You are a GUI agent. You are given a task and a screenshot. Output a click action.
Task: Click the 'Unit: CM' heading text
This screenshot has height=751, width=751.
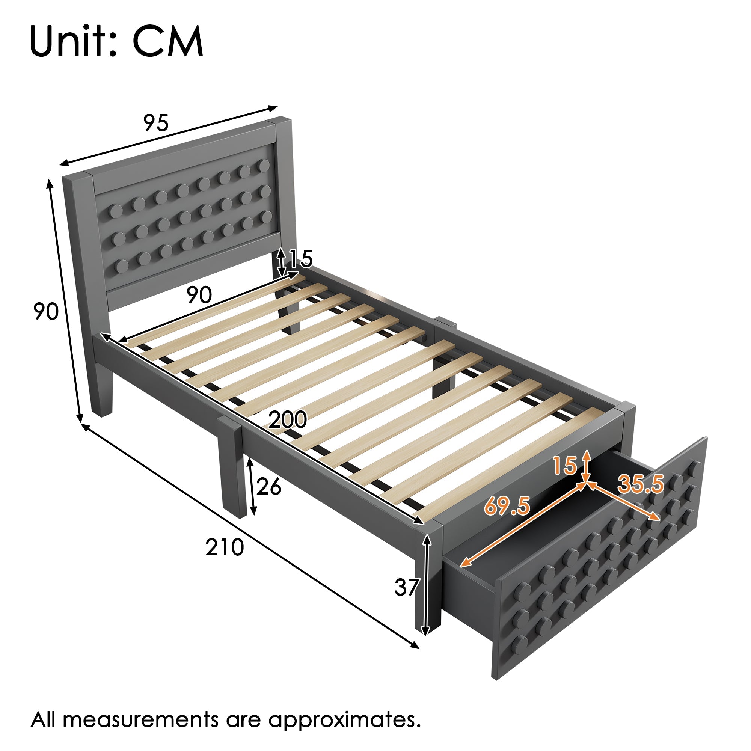tap(116, 42)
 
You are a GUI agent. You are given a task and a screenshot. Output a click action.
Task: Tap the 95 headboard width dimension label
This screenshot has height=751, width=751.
tap(156, 123)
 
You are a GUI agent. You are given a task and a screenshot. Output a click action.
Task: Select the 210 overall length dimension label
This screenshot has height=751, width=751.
tap(224, 547)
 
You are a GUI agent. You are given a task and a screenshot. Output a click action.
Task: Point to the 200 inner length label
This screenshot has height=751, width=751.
tap(288, 419)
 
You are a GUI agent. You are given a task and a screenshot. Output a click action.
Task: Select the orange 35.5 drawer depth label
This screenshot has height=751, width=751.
tap(641, 484)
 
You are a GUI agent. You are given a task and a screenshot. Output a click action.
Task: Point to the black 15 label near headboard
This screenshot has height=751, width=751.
tap(301, 258)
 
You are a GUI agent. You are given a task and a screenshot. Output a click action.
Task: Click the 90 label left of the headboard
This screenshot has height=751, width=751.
tap(46, 311)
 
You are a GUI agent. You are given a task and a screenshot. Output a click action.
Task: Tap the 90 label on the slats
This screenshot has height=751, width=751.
tap(199, 295)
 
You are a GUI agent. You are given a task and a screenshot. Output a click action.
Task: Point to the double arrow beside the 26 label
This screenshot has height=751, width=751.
tap(252, 486)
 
